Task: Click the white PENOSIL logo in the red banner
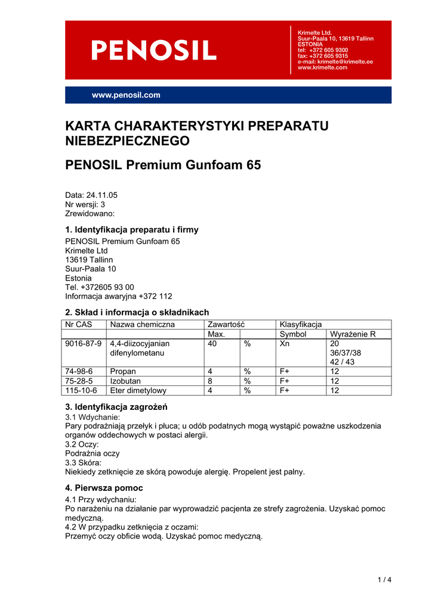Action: point(153,50)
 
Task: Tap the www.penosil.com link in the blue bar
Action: point(126,95)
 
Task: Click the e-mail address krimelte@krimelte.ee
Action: point(335,61)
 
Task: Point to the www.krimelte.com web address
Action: point(322,67)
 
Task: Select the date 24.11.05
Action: point(101,195)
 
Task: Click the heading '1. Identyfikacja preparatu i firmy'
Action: point(131,230)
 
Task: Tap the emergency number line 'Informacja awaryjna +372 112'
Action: point(118,296)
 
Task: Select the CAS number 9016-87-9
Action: point(84,344)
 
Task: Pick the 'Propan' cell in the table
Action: point(124,372)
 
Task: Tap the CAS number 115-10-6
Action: point(81,391)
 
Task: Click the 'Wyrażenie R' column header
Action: point(353,334)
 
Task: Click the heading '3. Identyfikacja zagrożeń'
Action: point(116,407)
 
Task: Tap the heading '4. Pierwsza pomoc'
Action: point(104,488)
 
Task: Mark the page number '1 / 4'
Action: point(384,580)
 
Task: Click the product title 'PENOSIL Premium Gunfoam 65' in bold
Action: point(163,166)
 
